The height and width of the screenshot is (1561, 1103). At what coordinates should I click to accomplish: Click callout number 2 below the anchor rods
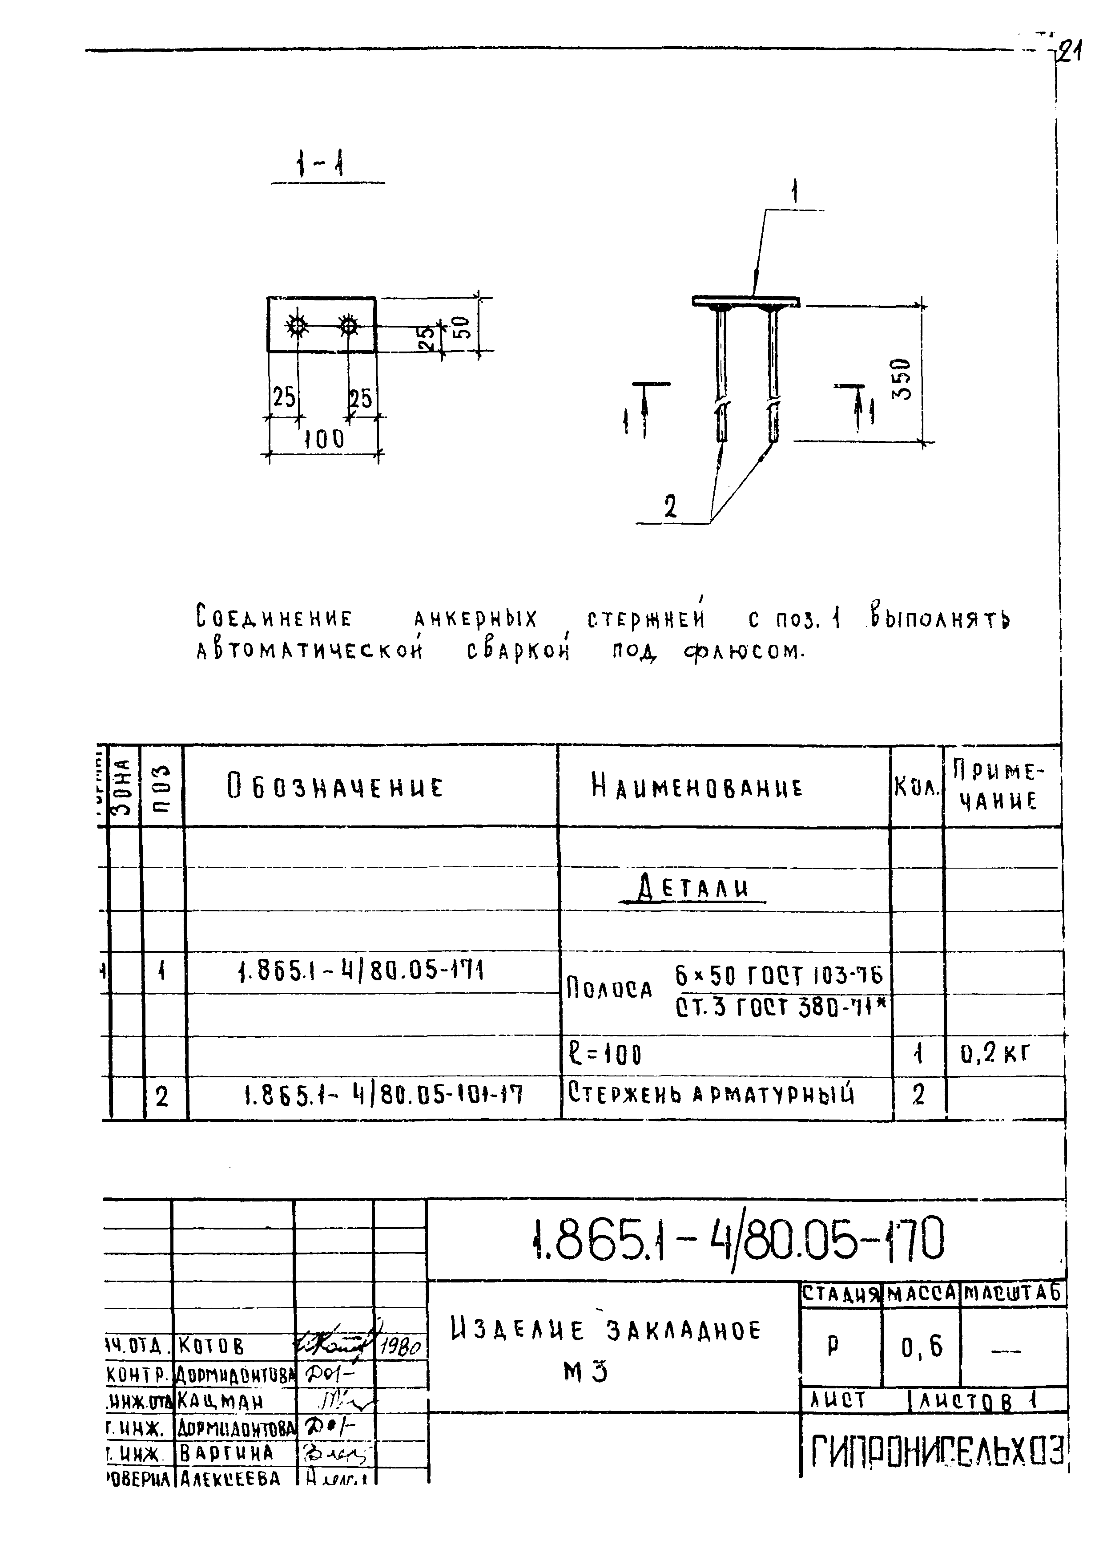670,506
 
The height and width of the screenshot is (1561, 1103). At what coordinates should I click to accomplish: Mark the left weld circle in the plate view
297,326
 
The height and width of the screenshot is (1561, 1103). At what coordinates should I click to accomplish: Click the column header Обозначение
334,787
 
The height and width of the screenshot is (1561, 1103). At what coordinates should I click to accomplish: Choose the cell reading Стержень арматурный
711,1094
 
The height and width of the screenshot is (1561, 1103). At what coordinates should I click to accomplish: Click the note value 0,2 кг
996,1053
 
